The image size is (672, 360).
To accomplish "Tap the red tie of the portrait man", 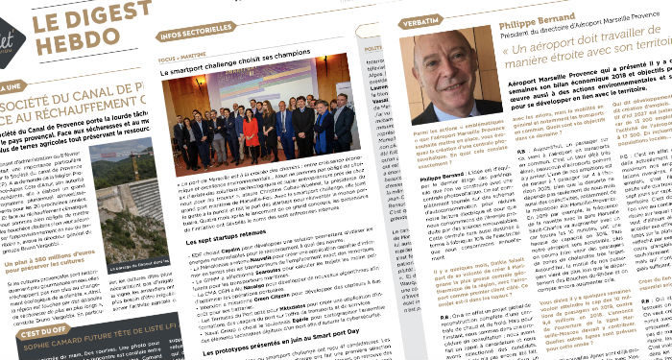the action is (444, 108).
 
